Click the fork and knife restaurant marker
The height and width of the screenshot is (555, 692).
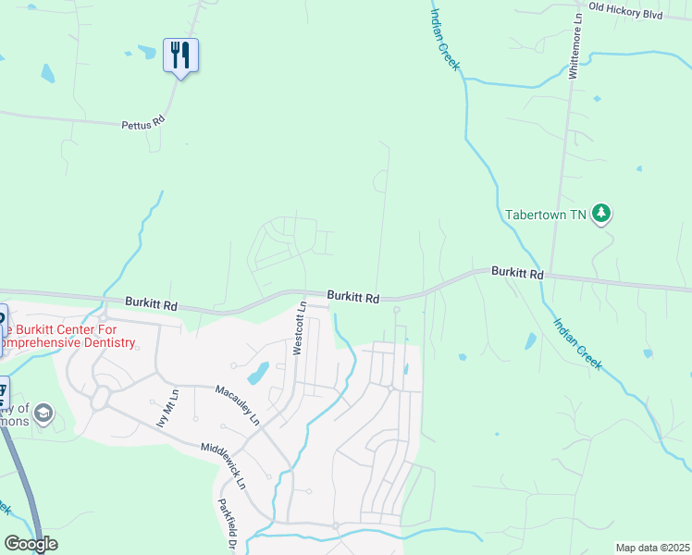(x=180, y=55)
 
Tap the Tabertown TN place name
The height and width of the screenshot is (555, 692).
(x=546, y=215)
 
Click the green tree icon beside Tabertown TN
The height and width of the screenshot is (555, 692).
(x=601, y=214)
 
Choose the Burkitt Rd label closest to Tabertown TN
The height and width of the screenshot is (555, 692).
(x=517, y=272)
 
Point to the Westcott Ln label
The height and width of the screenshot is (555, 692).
(x=298, y=327)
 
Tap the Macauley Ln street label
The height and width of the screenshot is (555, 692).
(x=238, y=404)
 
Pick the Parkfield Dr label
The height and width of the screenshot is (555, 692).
(x=225, y=524)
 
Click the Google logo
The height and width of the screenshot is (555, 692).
(x=31, y=544)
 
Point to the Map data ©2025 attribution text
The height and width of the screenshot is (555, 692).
(x=652, y=548)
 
